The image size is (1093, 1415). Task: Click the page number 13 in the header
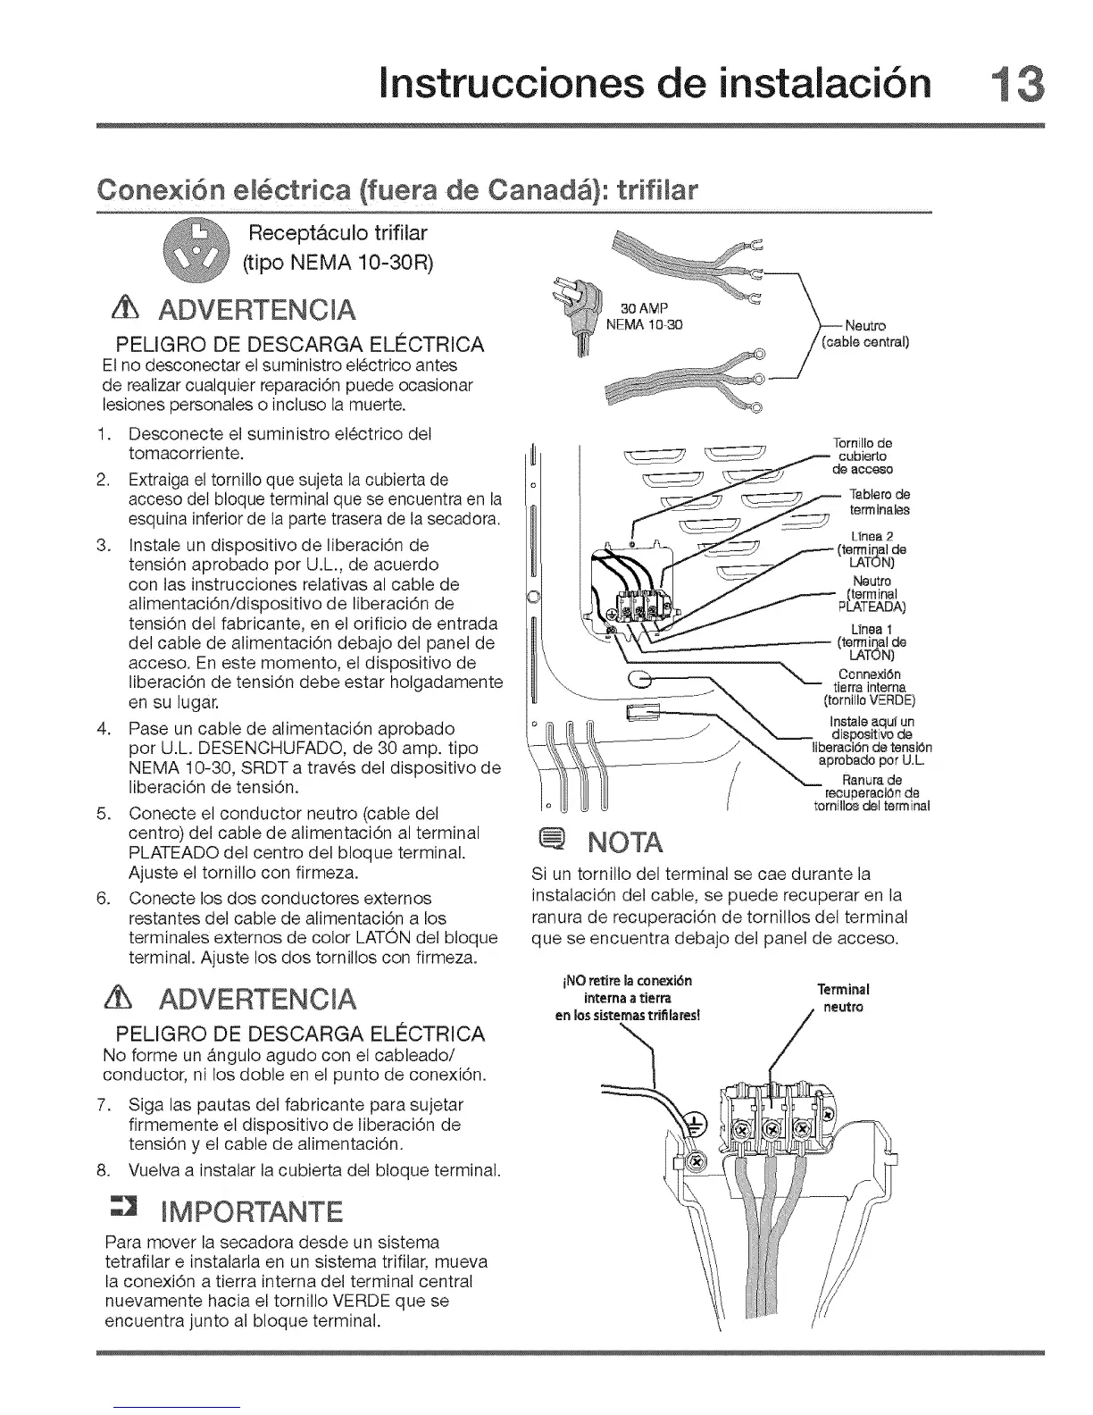coord(1016,82)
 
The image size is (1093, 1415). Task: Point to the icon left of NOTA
coord(551,841)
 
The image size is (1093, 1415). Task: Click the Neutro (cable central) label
coord(864,332)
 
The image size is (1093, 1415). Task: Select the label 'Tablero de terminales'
coord(879,502)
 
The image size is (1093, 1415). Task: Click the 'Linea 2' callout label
coord(872,535)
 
